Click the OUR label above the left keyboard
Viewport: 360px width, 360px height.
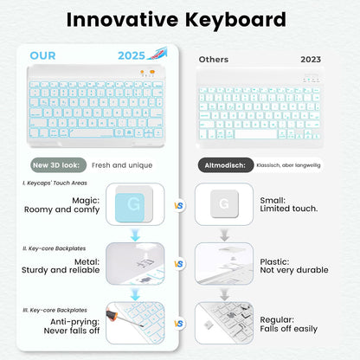(x=42, y=55)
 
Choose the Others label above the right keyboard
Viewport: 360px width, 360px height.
(x=214, y=60)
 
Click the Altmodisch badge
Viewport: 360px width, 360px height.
(x=223, y=164)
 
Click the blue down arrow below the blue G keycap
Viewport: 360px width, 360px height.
(x=134, y=235)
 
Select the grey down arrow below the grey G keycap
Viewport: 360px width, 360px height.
(x=223, y=235)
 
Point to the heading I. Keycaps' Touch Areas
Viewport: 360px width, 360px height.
(x=54, y=184)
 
